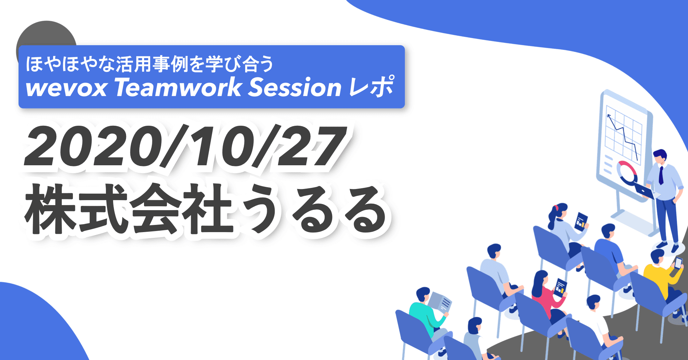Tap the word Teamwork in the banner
[178, 87]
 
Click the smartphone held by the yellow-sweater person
[678, 263]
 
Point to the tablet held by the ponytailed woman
[581, 220]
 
